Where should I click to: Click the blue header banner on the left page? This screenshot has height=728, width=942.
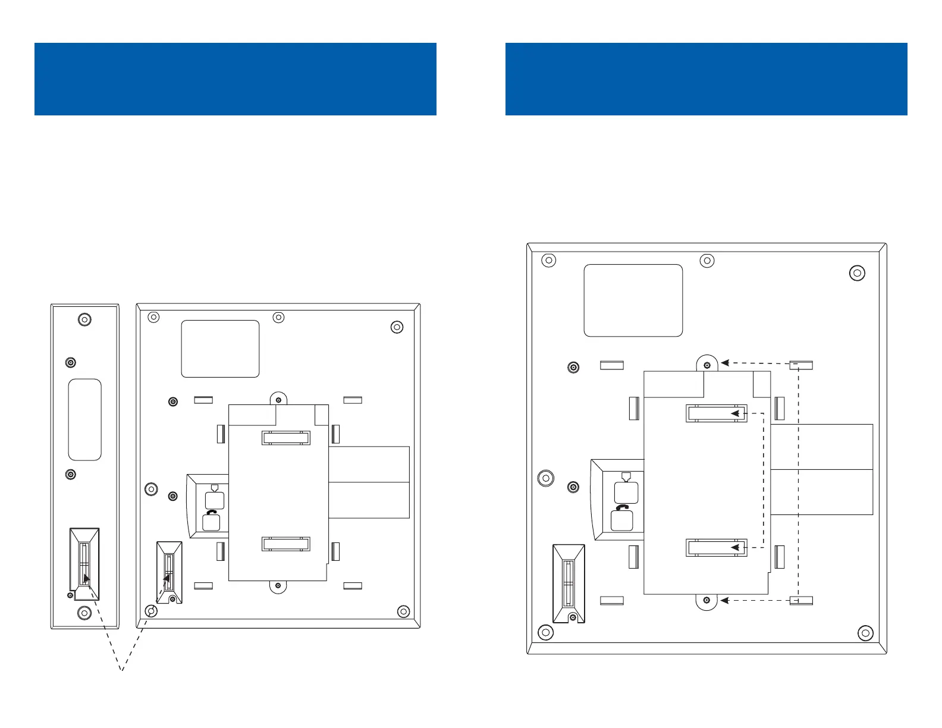[x=235, y=79]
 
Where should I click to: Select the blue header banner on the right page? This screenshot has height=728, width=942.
[x=706, y=79]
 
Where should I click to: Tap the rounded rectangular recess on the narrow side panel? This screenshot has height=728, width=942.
[x=85, y=420]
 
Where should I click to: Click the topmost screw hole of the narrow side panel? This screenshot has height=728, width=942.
[x=85, y=320]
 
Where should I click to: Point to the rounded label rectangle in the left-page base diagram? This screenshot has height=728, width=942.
[x=220, y=349]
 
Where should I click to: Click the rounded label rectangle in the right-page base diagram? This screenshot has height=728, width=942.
[x=633, y=300]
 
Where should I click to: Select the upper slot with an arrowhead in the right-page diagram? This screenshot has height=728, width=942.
[x=717, y=413]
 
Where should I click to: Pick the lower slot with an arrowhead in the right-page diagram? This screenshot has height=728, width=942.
[x=717, y=547]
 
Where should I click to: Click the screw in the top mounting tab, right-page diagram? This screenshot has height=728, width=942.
[x=707, y=365]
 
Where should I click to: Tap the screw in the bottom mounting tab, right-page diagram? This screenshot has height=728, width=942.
[x=707, y=600]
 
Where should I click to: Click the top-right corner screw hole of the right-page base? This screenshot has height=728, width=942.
[x=857, y=274]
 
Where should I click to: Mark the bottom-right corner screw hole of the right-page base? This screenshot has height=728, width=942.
[x=866, y=633]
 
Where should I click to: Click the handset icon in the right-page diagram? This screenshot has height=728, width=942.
[x=623, y=508]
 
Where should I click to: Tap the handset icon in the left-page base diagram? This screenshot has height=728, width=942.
[x=212, y=512]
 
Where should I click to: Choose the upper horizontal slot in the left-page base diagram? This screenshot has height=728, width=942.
[x=286, y=438]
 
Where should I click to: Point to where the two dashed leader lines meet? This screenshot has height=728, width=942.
[x=122, y=671]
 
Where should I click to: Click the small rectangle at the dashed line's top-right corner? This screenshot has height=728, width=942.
[x=800, y=365]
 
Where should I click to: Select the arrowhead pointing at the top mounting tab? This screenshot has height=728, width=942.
[x=726, y=363]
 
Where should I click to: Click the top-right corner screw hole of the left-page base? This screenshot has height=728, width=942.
[x=397, y=327]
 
